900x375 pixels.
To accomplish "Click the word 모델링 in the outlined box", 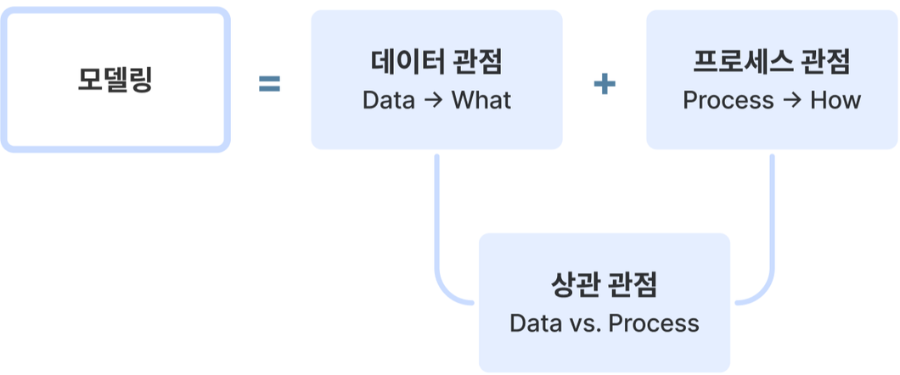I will [x=115, y=80].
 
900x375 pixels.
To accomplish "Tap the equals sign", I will [x=269, y=84].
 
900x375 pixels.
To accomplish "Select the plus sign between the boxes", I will [x=604, y=84].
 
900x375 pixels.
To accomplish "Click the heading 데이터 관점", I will [x=436, y=62].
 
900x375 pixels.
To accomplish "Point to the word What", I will [x=481, y=100].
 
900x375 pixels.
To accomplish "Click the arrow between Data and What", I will [x=433, y=101].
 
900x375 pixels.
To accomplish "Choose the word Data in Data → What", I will [x=389, y=100].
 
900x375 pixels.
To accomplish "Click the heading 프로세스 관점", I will [x=772, y=62].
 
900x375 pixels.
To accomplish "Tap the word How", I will [x=835, y=100].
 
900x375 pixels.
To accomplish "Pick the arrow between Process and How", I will [x=792, y=101].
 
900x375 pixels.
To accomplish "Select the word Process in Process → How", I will [x=728, y=100].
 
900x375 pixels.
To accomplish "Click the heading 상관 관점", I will [x=605, y=285].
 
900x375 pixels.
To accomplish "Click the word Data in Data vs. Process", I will [x=536, y=323].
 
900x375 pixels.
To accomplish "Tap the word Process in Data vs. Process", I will [x=654, y=323].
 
